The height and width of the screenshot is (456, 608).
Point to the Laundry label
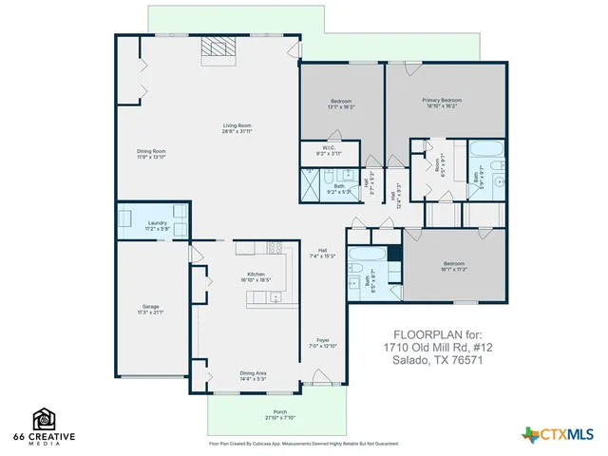(x=157, y=222)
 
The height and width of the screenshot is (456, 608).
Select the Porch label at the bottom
(x=279, y=411)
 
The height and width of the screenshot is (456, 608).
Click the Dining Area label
(x=253, y=373)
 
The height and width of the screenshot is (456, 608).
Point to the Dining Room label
(x=152, y=151)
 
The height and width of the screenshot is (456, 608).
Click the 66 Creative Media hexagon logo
(x=44, y=418)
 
